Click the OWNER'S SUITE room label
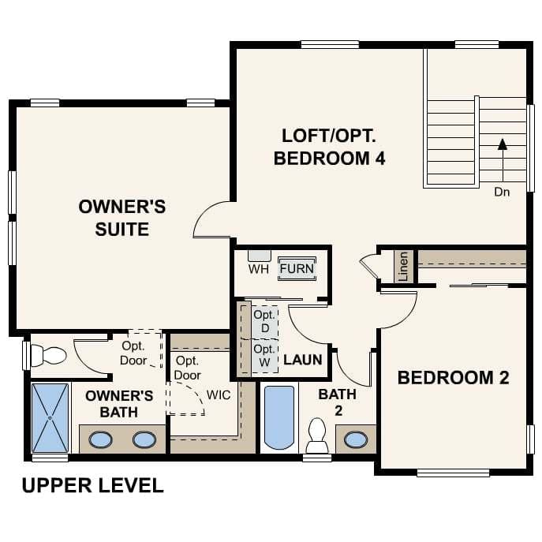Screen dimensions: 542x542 coord(122,218)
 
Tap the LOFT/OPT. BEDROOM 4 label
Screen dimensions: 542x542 coord(329,146)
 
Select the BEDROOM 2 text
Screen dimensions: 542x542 coord(453,377)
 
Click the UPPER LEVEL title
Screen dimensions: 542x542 coord(92,485)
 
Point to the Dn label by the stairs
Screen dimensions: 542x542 coord(502,192)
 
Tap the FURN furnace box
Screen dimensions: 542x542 coord(297,268)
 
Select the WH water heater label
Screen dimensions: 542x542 coord(259,269)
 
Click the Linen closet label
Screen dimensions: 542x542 coord(404,266)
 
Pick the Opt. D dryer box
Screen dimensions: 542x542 coord(264,321)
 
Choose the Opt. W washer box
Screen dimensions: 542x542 coord(264,353)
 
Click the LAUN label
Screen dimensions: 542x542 coord(303,360)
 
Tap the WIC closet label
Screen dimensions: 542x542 coord(219,394)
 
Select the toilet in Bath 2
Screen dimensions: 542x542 coord(317,435)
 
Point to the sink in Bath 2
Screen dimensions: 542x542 coord(356,439)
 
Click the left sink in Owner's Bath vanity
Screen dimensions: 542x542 coord(100,439)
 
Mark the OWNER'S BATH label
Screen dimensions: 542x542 coord(119,403)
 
